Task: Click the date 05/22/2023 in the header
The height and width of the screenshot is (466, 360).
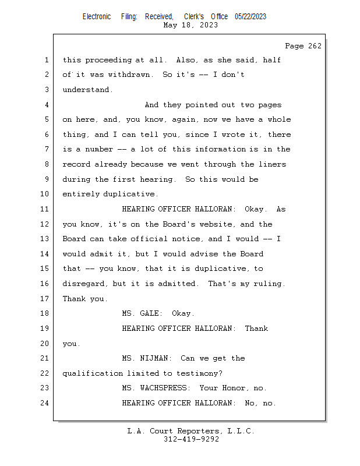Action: click(x=250, y=17)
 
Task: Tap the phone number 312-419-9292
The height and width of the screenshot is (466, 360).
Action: click(x=191, y=439)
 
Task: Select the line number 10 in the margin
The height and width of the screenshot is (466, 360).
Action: click(x=44, y=194)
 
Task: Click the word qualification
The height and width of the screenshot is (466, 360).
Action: click(x=93, y=373)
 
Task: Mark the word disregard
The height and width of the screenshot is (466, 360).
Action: click(x=83, y=284)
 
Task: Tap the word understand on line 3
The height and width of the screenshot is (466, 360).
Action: click(x=86, y=90)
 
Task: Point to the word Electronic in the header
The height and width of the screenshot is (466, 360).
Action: click(x=97, y=17)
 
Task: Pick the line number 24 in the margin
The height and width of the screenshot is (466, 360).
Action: click(x=44, y=403)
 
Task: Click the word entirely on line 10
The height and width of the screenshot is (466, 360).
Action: click(x=81, y=194)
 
